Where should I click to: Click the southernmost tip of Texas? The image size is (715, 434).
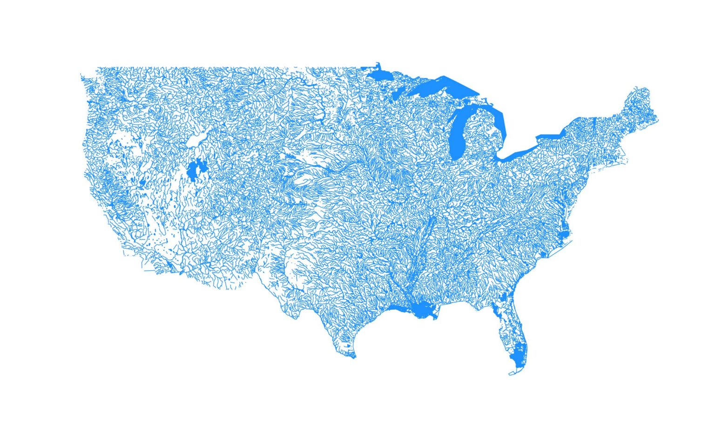pos(354,357)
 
